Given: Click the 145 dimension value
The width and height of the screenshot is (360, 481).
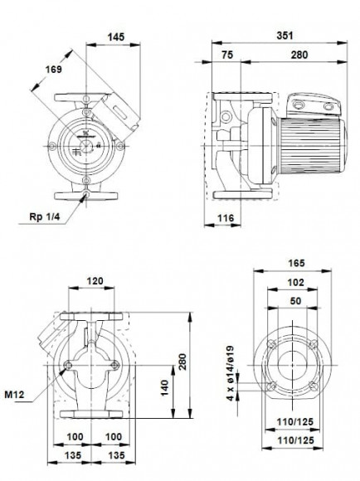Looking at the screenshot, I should coord(116,36).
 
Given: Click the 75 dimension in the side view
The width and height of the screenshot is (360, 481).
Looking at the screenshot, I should coord(227,55).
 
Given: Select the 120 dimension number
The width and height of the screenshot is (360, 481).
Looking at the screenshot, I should coord(96,282).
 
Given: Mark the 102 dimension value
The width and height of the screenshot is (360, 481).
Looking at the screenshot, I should coord(295,283).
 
